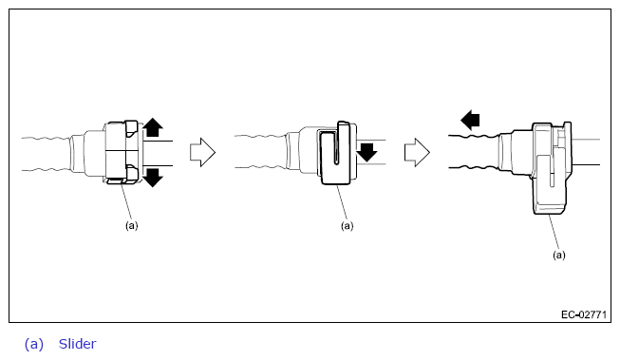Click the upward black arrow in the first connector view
[153, 127]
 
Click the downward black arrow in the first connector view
[153, 178]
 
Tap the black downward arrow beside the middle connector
[366, 153]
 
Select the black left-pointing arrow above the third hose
[471, 120]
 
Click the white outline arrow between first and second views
[202, 152]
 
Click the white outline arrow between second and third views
[417, 152]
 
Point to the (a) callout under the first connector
[132, 225]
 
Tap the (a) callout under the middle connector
[347, 226]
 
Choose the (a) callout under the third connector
[558, 256]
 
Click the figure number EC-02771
[584, 315]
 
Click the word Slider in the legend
[78, 344]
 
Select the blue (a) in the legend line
[34, 344]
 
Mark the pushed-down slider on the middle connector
[335, 154]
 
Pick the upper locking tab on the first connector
[131, 129]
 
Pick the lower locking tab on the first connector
[131, 174]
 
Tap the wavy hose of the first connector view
[47, 154]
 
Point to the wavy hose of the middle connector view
[260, 152]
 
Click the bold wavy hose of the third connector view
[474, 152]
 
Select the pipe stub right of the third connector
[586, 152]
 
